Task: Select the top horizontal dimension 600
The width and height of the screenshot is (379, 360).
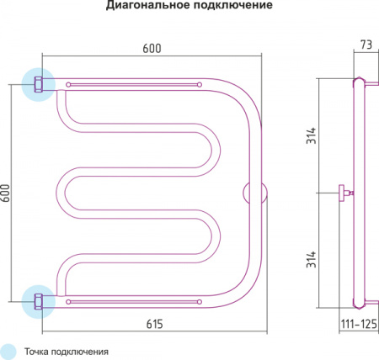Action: point(152,49)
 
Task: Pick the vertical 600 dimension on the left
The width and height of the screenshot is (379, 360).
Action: point(6,193)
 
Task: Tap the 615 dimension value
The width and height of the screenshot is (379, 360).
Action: point(155,324)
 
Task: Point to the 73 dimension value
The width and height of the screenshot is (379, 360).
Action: point(366,45)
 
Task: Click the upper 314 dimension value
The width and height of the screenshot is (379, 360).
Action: point(311,135)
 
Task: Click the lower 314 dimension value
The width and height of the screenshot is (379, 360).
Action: point(311,259)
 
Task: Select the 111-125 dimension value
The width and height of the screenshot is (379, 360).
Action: point(359,324)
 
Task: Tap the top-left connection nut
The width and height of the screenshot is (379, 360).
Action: point(39,84)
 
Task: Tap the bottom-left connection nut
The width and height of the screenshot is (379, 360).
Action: point(39,302)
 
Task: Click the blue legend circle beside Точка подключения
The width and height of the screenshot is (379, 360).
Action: point(8,352)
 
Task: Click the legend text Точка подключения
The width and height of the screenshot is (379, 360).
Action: point(67,352)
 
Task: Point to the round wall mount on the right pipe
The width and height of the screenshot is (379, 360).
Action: point(255,193)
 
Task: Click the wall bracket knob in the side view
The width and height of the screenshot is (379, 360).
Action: point(342,193)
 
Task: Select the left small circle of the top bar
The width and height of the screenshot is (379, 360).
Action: point(68,84)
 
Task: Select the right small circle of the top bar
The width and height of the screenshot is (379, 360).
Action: point(200,84)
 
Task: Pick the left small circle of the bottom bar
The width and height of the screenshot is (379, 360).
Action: point(68,302)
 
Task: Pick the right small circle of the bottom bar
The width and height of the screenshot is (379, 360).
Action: point(200,302)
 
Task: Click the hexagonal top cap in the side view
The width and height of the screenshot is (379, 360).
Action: point(359,80)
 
